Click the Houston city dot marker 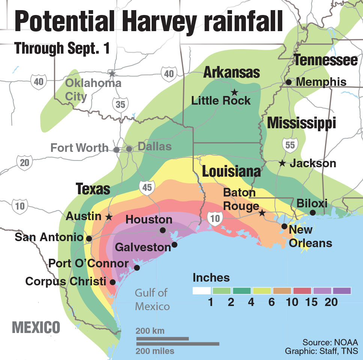click(163, 230)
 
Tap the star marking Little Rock click(234, 92)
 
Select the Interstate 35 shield click(120, 105)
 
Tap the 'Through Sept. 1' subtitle click(62, 49)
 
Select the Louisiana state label click(231, 171)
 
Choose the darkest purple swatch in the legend click(341, 291)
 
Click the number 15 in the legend click(312, 302)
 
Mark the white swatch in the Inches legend click(202, 291)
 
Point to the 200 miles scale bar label click(155, 351)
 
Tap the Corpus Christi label click(66, 281)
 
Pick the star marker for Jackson click(282, 163)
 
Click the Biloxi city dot click(312, 213)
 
